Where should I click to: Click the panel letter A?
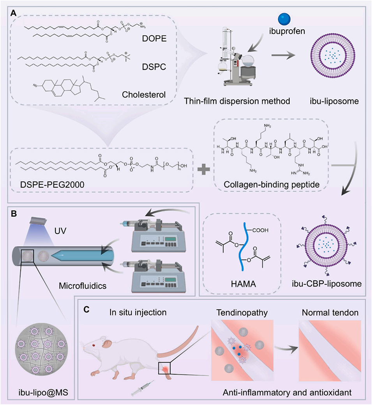tap(14, 13)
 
